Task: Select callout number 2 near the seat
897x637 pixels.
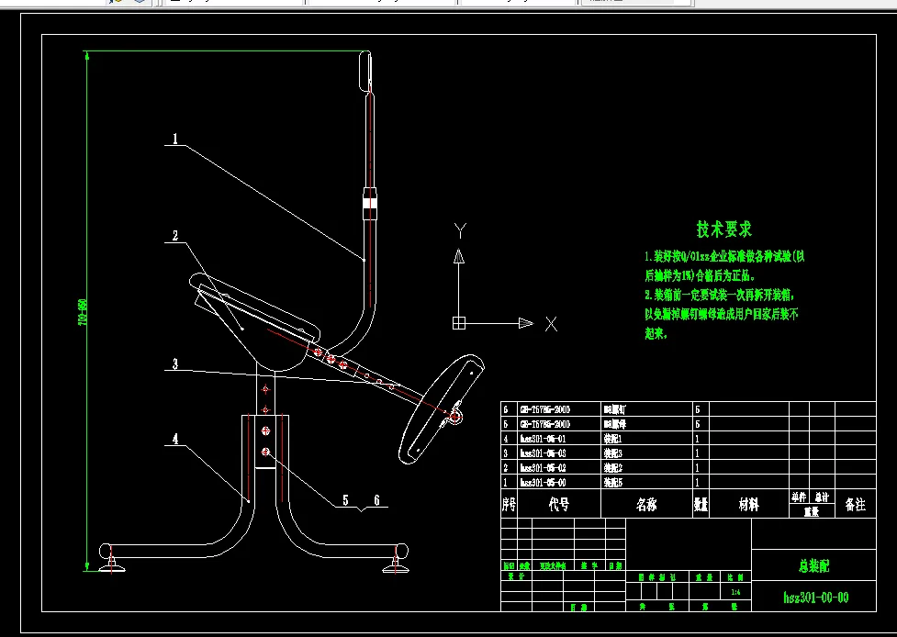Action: click(x=174, y=236)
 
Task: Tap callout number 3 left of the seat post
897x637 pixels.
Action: click(x=174, y=364)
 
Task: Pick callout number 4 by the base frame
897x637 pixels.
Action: click(x=174, y=439)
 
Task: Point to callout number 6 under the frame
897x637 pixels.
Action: click(x=376, y=501)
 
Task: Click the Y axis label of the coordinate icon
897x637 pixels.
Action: click(x=462, y=229)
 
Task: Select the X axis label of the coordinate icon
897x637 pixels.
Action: click(x=551, y=323)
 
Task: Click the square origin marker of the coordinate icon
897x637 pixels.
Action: click(x=460, y=323)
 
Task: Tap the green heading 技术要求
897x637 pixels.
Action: click(x=723, y=229)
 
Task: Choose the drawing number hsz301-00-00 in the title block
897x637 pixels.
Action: click(x=815, y=598)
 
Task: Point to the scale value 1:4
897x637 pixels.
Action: click(x=734, y=593)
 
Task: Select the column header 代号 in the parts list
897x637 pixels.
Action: click(x=558, y=505)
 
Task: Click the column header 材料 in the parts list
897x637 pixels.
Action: click(x=749, y=505)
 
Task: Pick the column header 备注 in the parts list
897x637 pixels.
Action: click(x=854, y=505)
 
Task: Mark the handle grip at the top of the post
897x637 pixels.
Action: click(x=364, y=72)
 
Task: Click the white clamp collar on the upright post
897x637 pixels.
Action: click(x=369, y=205)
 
